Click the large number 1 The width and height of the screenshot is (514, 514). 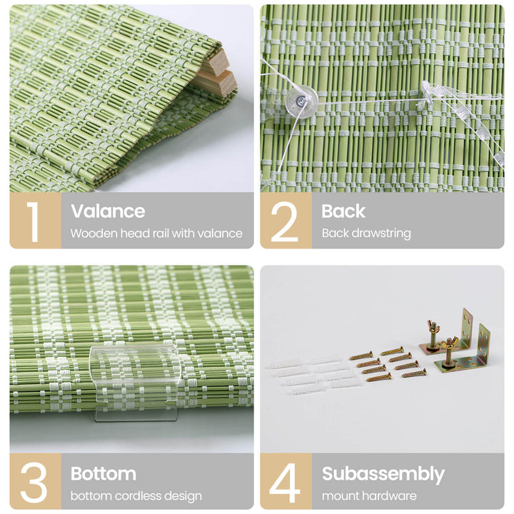[34, 221]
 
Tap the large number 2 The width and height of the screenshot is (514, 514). [285, 221]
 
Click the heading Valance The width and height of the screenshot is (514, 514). [107, 211]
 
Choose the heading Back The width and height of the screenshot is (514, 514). [343, 211]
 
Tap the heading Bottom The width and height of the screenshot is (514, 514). [103, 473]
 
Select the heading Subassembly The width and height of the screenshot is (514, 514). [383, 473]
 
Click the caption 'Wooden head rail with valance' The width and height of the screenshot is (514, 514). [156, 233]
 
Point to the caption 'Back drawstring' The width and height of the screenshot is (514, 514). [366, 233]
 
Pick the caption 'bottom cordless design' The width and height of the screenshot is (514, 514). [136, 495]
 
